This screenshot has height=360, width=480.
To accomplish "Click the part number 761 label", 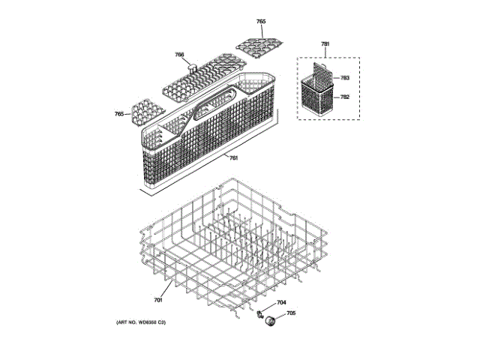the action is click(233, 157).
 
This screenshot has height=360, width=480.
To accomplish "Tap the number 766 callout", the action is click(180, 55).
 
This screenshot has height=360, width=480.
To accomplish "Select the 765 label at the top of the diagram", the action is click(260, 22).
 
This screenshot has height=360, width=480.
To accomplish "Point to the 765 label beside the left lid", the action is click(118, 114).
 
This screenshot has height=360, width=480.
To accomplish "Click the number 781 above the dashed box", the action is click(325, 45).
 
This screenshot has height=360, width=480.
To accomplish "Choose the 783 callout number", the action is click(345, 77).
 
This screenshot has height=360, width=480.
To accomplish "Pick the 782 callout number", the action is click(345, 97).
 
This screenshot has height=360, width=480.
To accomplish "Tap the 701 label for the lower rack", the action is click(158, 300).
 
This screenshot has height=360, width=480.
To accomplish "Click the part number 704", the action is click(281, 303).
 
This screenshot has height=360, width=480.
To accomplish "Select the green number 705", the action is click(291, 313).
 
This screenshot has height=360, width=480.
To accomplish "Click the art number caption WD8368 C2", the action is click(140, 322).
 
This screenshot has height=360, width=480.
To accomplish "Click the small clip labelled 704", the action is click(259, 310).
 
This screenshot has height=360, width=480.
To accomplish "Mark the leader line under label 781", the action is click(325, 52).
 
